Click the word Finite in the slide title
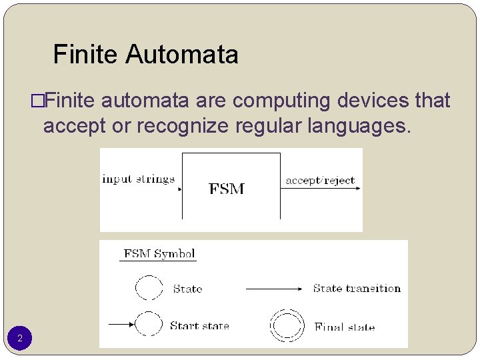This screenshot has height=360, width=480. point(85,54)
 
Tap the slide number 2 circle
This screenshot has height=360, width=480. point(20,339)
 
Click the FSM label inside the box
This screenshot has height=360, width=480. point(227,189)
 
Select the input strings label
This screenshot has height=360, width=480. point(138,179)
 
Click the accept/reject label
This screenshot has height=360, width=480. point(320,180)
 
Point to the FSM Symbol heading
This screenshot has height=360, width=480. point(159,254)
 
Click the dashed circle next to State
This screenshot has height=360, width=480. point(149,288)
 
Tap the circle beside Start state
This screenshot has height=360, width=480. point(149,325)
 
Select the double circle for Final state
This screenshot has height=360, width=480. point(286,325)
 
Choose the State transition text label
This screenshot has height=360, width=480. point(357,289)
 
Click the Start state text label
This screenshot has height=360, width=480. point(199,326)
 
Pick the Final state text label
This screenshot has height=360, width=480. point(345,327)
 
